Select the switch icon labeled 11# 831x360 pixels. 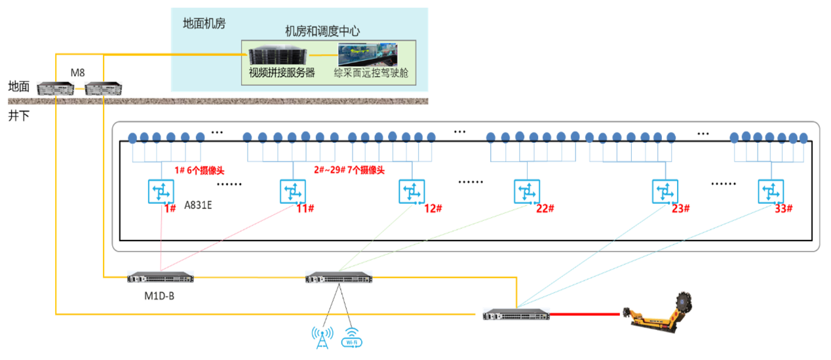click(292, 192)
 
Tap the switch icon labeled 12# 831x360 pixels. click(411, 192)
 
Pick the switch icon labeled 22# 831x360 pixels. click(526, 192)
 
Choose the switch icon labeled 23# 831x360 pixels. click(665, 192)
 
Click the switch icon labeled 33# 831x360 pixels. click(771, 192)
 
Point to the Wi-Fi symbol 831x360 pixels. click(352, 337)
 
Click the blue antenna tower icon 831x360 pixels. click(322, 336)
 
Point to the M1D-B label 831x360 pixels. click(159, 295)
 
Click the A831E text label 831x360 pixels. click(199, 205)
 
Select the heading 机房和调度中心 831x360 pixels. click(322, 31)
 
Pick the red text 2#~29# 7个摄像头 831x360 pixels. click(348, 170)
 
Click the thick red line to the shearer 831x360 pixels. click(584, 314)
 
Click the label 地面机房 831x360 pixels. click(204, 24)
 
